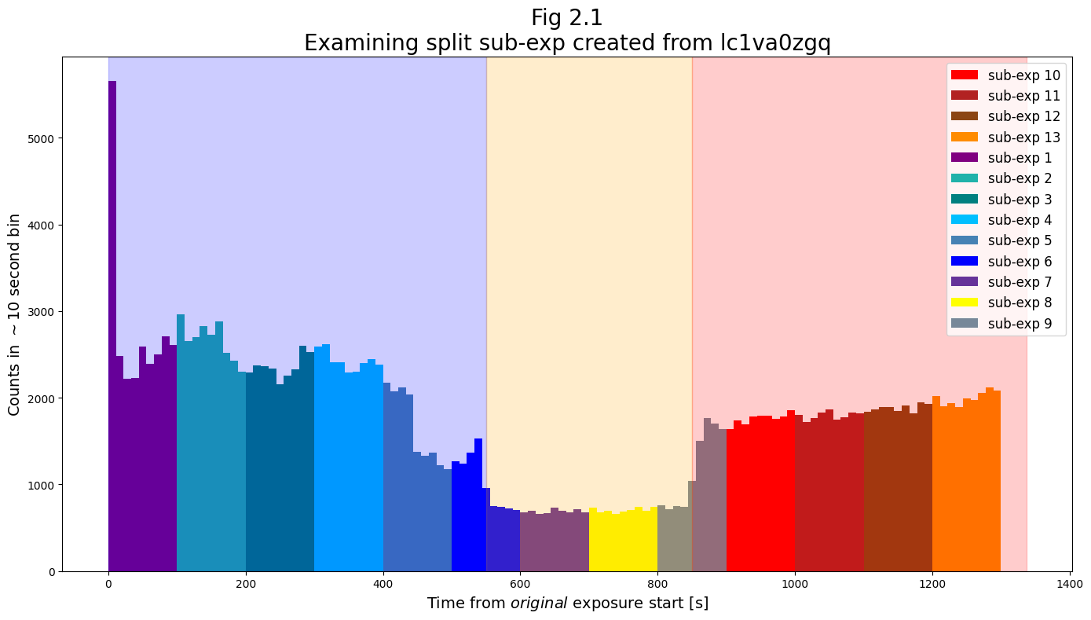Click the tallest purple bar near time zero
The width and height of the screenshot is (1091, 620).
coord(112,314)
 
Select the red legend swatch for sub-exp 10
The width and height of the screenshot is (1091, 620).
coord(964,75)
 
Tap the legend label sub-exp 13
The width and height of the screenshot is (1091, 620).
coord(1023,138)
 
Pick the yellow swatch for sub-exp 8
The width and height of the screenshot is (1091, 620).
coord(964,303)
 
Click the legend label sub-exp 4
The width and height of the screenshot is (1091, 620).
coord(1020,220)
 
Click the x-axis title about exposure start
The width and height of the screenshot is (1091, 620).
coord(567,603)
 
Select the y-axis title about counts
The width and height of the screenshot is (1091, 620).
coord(14,314)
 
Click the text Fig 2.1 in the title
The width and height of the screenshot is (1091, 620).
coord(566,17)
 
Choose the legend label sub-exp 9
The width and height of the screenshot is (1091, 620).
coord(1020,324)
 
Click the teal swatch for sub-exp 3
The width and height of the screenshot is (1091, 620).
coord(964,199)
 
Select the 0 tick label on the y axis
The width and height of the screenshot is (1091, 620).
coord(52,571)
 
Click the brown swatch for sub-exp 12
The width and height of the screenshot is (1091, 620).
coord(964,116)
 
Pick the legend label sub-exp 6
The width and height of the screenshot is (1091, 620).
coord(1020,262)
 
